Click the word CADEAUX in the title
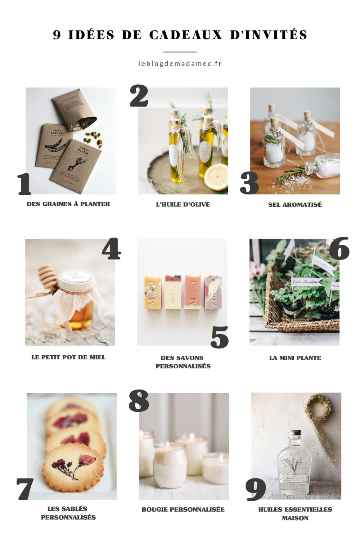(186, 35)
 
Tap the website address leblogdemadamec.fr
(180, 63)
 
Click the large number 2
(139, 96)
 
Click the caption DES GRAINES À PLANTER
(68, 204)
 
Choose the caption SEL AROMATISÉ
(295, 204)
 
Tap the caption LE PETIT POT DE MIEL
(68, 357)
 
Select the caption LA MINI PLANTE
(295, 358)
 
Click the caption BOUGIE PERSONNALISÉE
(183, 509)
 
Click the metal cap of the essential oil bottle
(294, 432)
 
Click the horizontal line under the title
(180, 52)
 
